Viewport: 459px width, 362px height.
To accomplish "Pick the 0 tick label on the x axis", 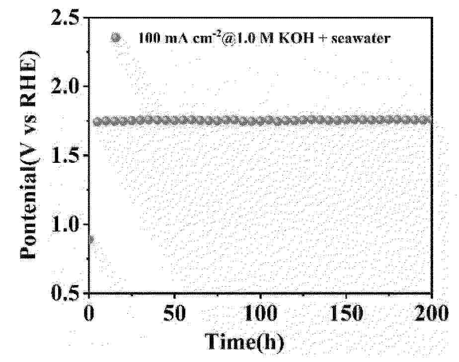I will tap(89, 314).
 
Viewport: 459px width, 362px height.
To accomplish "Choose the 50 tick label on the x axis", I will tap(175, 314).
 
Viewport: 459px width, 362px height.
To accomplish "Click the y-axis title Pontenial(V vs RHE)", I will tap(31, 155).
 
